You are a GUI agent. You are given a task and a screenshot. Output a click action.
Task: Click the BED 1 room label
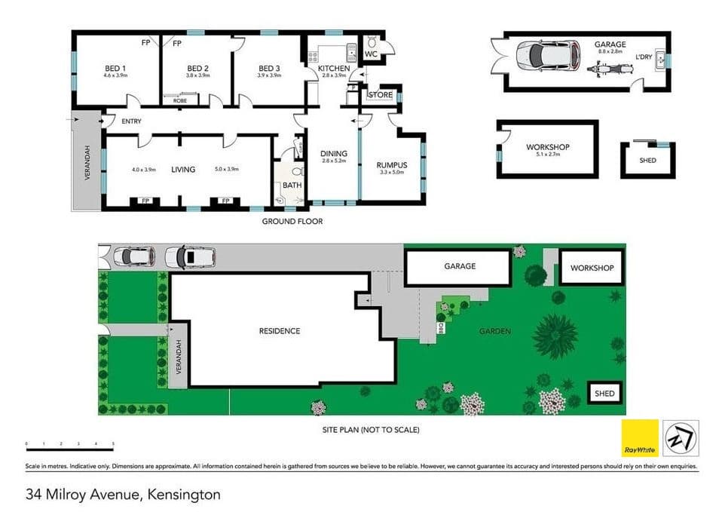click(115, 69)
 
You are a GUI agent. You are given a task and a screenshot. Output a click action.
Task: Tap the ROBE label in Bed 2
click(180, 100)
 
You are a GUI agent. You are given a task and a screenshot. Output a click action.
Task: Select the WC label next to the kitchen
click(371, 55)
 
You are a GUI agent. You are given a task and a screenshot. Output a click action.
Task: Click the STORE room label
click(381, 95)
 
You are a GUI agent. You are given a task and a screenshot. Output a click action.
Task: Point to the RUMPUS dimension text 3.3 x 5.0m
click(392, 173)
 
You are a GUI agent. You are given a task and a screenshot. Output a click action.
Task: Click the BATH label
click(292, 185)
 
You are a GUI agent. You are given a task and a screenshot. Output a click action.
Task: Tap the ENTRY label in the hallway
click(131, 121)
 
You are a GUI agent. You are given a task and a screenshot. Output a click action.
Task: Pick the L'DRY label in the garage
click(644, 57)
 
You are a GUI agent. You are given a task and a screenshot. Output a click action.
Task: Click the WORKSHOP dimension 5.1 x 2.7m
click(548, 155)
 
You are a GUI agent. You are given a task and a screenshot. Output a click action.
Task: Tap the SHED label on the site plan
click(604, 393)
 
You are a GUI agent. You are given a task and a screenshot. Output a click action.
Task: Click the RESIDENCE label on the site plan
click(280, 331)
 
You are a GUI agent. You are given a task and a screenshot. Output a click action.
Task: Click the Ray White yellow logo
click(640, 438)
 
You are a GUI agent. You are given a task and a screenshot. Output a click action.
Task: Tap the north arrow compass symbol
click(681, 438)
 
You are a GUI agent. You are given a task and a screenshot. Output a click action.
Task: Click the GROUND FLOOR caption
click(292, 222)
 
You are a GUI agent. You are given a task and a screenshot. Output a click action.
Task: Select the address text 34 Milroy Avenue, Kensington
click(123, 495)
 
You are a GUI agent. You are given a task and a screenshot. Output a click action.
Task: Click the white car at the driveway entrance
click(134, 257)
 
